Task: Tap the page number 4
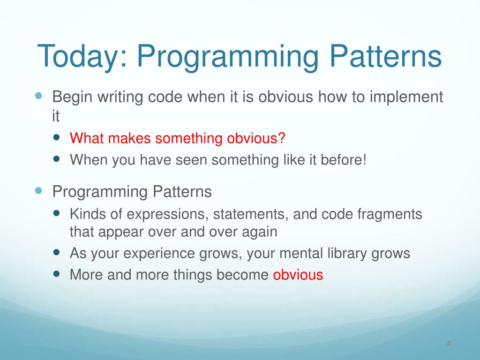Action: tap(449, 344)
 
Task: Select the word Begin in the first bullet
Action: tap(72, 97)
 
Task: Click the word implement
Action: tap(406, 97)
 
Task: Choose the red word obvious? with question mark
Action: tap(256, 138)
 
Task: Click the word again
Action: tap(260, 232)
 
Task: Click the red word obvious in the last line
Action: tap(298, 275)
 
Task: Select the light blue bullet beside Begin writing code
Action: tap(38, 96)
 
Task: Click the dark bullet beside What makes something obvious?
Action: tap(56, 137)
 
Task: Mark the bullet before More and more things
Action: tap(56, 273)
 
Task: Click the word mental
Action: tap(301, 253)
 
